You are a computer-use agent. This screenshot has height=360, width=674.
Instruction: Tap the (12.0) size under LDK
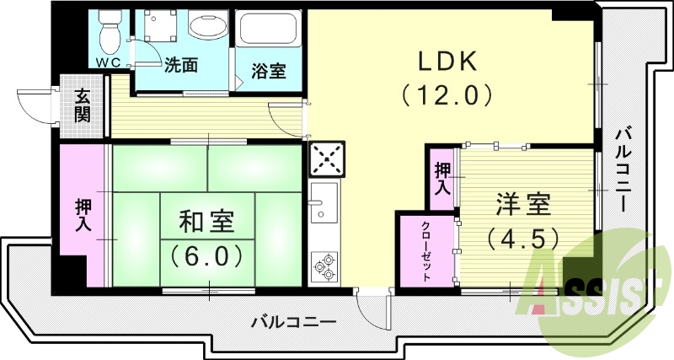[447, 94]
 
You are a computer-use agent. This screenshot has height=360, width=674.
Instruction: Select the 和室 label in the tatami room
[206, 222]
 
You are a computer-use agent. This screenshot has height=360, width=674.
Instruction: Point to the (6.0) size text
[206, 253]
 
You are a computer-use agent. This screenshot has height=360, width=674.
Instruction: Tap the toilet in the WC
[107, 32]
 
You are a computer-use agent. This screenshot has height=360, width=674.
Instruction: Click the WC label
[106, 62]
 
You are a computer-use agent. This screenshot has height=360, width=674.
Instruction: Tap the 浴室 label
[270, 71]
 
